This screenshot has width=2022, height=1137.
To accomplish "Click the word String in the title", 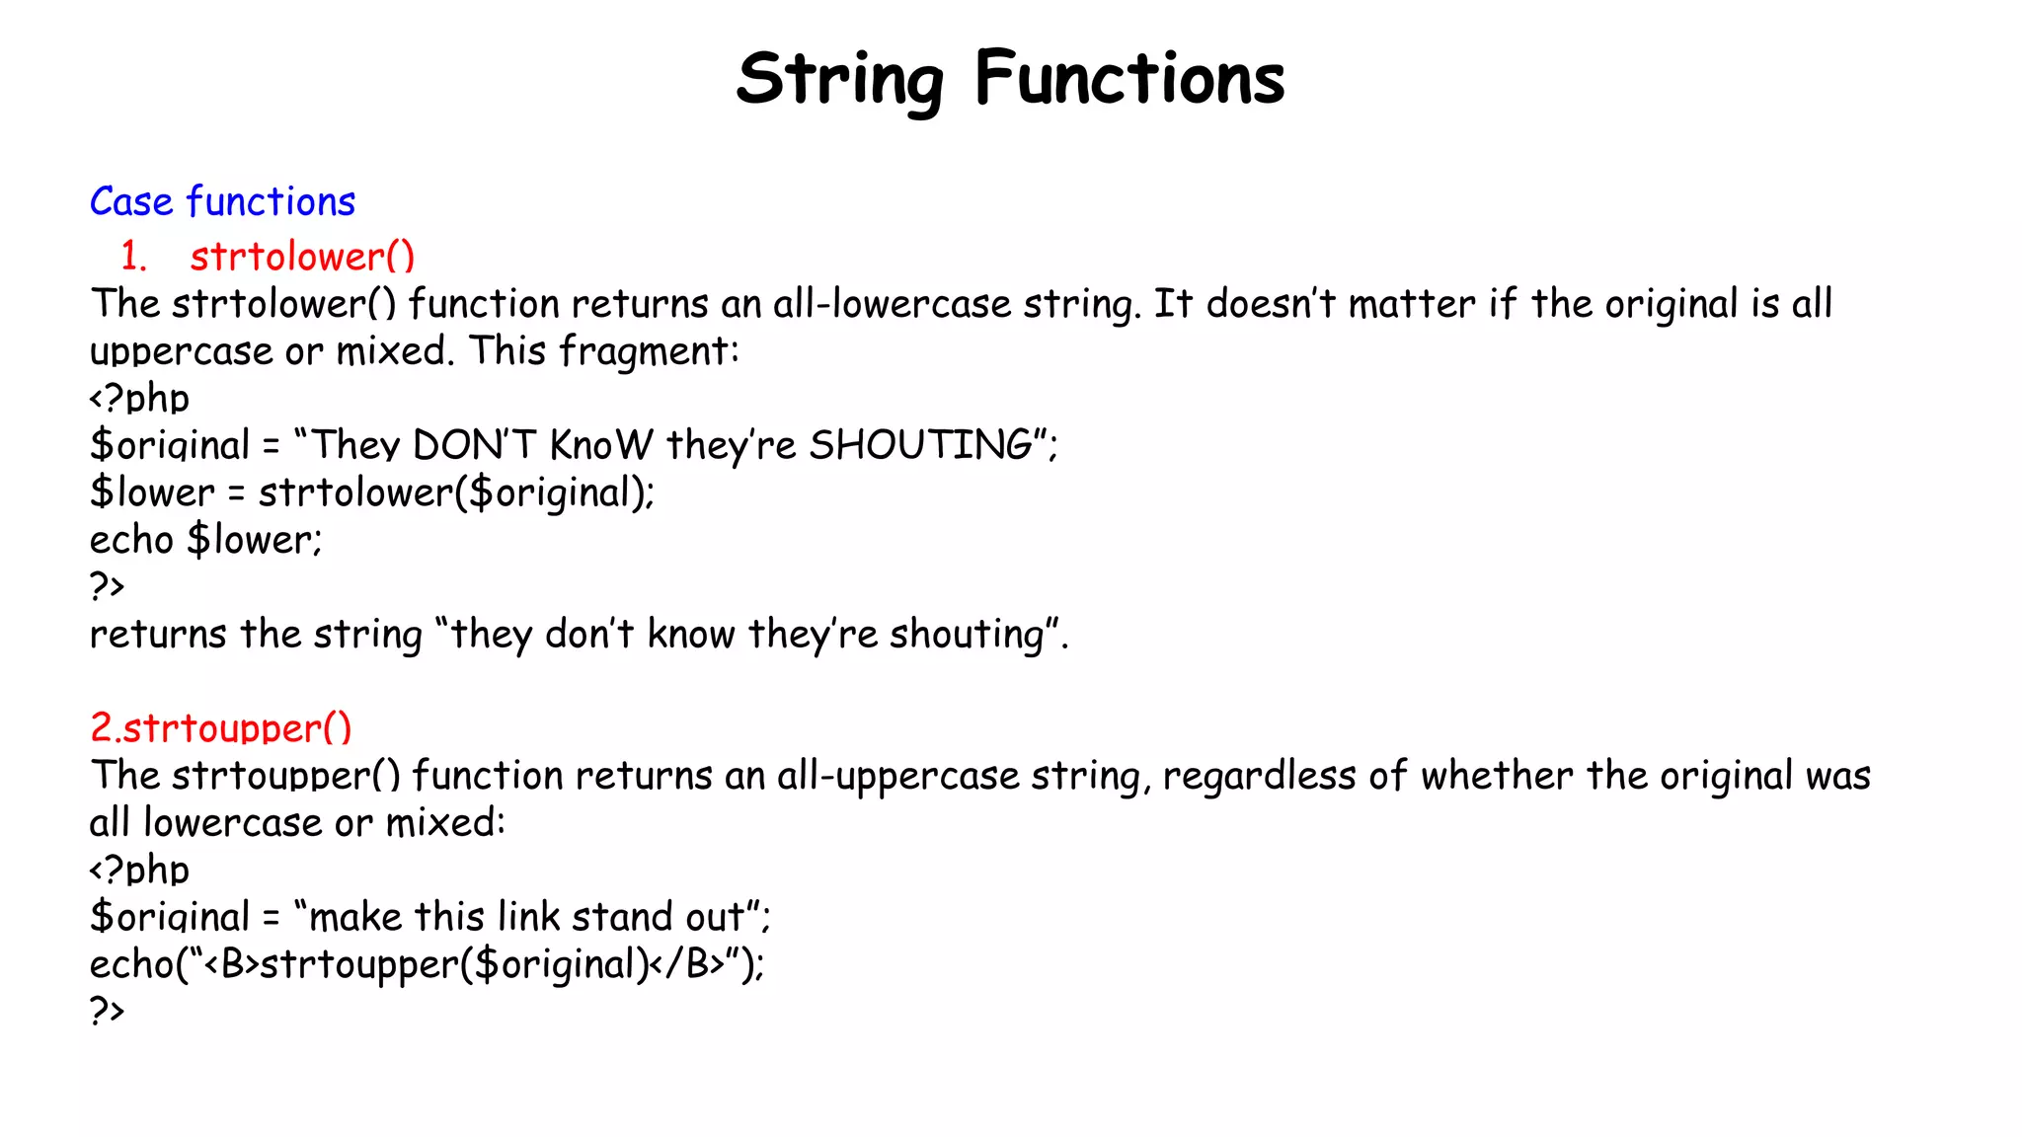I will coord(839,79).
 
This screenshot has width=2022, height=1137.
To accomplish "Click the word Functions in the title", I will coord(1129,79).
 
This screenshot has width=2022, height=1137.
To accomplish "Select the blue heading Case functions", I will coord(222,202).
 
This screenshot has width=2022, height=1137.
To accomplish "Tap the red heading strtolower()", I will coord(302,257).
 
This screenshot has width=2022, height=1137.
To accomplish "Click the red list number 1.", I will coord(132,257).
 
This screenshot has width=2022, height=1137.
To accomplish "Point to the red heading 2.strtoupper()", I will coord(220,728).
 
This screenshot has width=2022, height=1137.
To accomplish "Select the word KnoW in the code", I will coord(600,446).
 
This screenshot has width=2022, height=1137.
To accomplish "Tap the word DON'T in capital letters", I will coord(474,446).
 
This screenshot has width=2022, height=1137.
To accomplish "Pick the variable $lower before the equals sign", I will coord(152,493).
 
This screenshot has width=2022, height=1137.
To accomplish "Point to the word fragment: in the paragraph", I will coord(649,351).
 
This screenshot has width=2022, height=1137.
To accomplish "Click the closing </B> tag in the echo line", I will coord(687,964).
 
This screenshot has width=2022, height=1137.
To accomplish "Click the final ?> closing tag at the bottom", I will coord(107,1011).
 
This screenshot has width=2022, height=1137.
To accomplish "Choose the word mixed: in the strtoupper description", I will coord(444,823).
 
